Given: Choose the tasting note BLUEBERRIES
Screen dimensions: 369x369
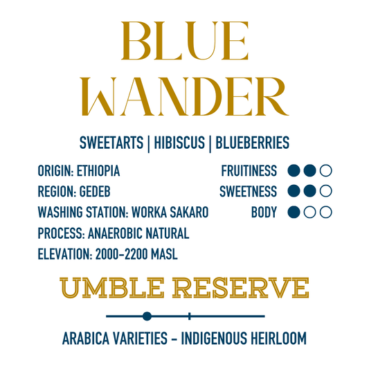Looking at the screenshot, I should (x=253, y=143).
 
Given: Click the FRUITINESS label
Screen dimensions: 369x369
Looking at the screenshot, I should (x=249, y=170).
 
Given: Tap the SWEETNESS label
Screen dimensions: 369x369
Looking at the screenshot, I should (x=249, y=191).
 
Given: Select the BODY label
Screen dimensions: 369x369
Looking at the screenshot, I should (x=264, y=212).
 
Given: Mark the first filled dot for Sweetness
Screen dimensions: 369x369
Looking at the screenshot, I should (x=294, y=191).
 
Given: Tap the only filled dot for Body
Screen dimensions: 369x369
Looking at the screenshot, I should (x=294, y=212).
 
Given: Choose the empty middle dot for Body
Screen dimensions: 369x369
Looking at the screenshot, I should (x=310, y=212).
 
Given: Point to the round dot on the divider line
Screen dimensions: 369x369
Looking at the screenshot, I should (x=147, y=316).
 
